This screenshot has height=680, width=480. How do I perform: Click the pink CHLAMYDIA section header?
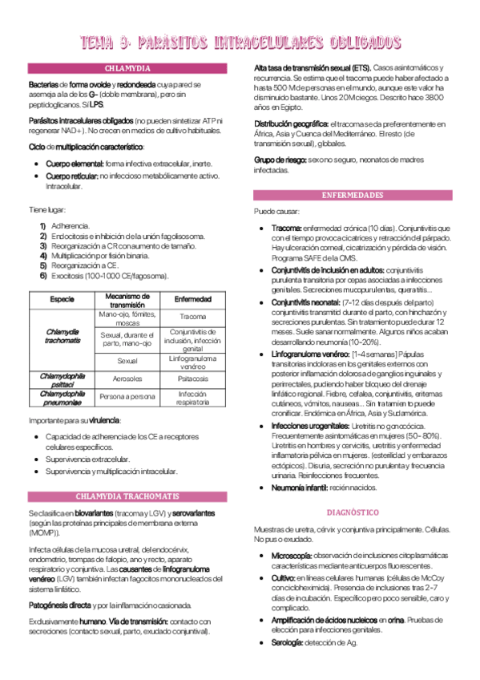coord(127,69)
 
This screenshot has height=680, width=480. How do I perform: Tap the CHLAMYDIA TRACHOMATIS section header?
coord(127,496)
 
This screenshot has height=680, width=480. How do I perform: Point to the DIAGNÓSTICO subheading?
coord(352,512)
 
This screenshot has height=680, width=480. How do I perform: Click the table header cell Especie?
coord(62,299)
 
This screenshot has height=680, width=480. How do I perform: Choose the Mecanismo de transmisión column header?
coord(127,299)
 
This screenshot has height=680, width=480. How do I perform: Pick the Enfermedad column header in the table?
coord(192,299)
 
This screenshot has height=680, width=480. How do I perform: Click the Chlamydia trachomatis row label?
coord(62,335)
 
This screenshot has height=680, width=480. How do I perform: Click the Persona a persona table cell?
coord(127,396)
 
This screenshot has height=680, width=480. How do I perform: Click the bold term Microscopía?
coord(291,555)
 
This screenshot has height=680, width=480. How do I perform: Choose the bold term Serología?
coord(288,642)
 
